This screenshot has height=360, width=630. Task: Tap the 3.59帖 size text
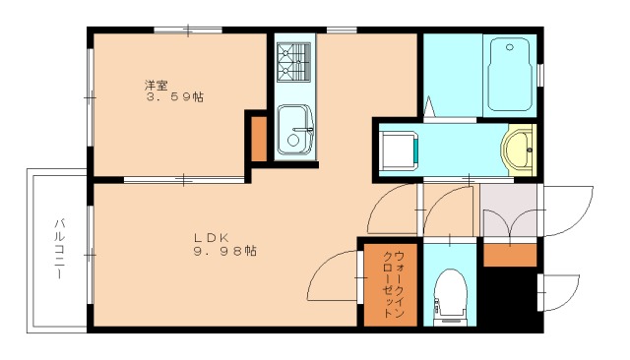coord(175,97)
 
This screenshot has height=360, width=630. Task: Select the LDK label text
coord(210,237)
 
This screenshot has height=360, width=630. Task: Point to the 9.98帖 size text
coord(225,252)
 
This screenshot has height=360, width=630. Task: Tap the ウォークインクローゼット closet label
coord(391,283)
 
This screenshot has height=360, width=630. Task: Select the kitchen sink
coord(292,128)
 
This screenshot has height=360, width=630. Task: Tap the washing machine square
coord(398,150)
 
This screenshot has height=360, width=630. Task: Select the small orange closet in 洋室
coord(259,138)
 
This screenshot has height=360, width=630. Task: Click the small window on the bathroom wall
coord(541,74)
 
